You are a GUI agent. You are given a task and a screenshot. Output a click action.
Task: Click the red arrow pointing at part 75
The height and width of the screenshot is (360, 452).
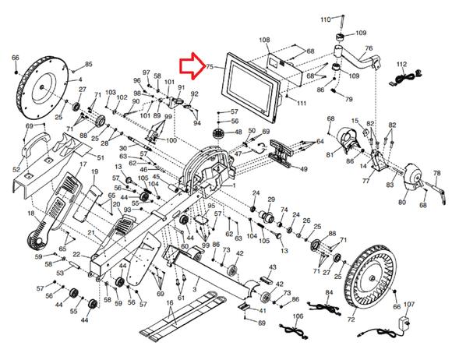pyautogui.click(x=190, y=65)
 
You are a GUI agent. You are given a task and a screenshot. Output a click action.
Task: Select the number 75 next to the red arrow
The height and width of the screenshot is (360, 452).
pyautogui.click(x=209, y=68)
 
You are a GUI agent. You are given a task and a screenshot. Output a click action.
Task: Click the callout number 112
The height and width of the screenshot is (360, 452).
pyautogui.click(x=401, y=63)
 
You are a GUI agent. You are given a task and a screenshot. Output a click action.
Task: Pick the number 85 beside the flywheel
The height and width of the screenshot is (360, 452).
pyautogui.click(x=88, y=64)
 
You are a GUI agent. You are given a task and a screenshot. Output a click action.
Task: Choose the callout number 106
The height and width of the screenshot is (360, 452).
pyautogui.click(x=297, y=317)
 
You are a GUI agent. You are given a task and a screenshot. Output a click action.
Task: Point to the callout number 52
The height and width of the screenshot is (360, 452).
pyautogui.click(x=16, y=169)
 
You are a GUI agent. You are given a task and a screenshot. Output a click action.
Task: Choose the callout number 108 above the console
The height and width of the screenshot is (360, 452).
pyautogui.click(x=263, y=40)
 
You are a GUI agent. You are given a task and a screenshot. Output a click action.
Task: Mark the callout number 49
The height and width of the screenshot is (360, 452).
pyautogui.click(x=303, y=169)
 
